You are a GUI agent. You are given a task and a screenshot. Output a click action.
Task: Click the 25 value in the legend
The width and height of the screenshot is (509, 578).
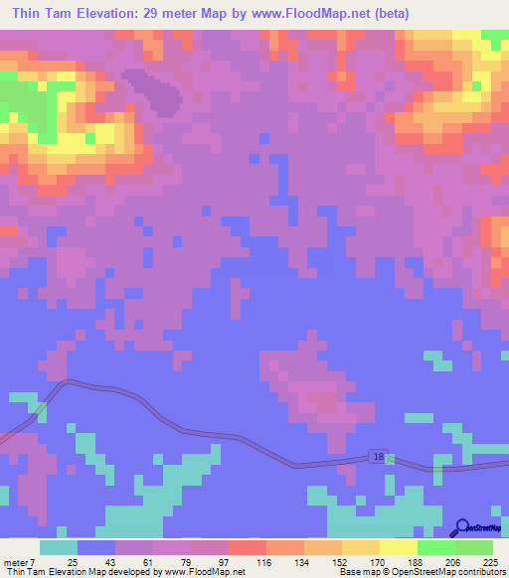pyautogui.click(x=72, y=562)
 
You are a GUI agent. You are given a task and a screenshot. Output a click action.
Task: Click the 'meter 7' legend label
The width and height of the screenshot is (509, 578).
pyautogui.click(x=22, y=562)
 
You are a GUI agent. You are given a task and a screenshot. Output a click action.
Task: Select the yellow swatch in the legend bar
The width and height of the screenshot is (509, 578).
pyautogui.click(x=398, y=547)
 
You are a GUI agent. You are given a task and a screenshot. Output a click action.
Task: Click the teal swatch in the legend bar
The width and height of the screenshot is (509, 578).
pyautogui.click(x=59, y=547)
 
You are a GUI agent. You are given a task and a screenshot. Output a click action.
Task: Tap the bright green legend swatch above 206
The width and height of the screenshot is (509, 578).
pyautogui.click(x=435, y=547)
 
